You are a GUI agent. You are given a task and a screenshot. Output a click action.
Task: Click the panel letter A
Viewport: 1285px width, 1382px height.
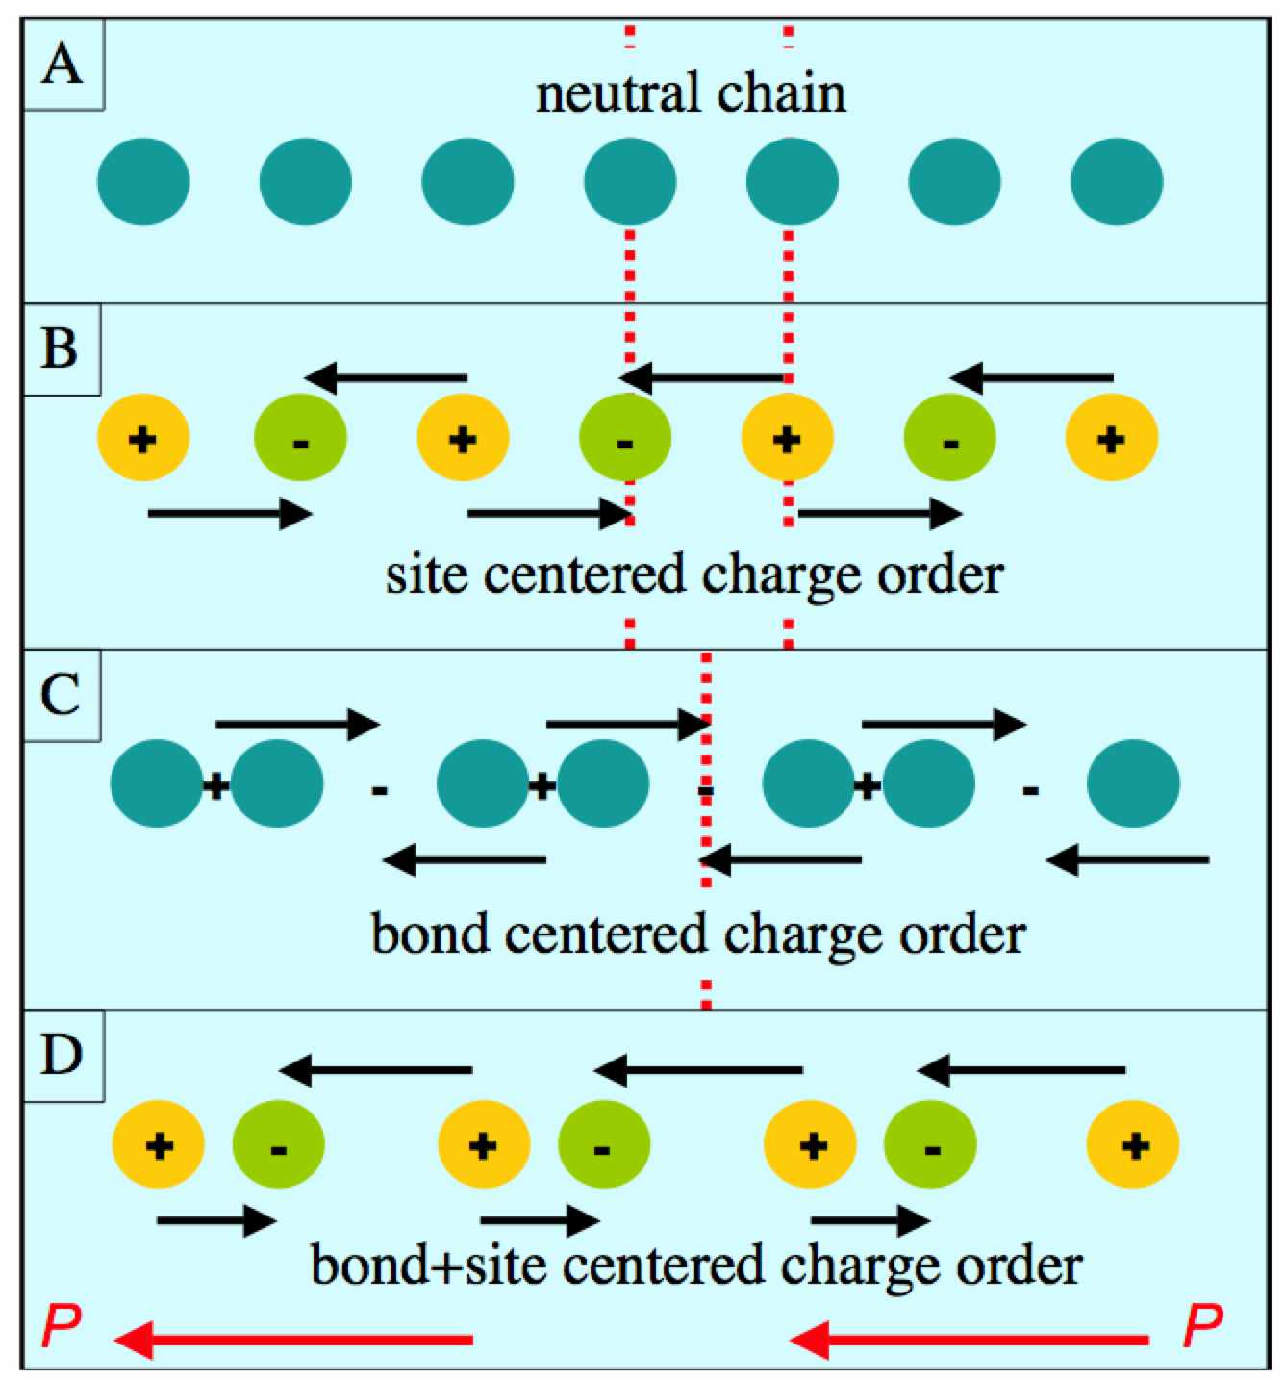(x=63, y=66)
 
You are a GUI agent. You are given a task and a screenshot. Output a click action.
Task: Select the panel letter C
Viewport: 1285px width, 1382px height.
(x=61, y=695)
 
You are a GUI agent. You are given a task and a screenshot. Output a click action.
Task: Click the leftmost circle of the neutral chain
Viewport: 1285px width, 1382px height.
(x=143, y=182)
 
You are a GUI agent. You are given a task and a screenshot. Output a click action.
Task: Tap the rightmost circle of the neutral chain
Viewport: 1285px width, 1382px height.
(x=1117, y=182)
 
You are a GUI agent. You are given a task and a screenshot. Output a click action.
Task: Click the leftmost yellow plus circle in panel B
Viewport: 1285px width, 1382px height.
(x=143, y=438)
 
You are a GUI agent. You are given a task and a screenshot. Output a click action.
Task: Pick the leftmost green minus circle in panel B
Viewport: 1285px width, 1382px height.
(x=300, y=438)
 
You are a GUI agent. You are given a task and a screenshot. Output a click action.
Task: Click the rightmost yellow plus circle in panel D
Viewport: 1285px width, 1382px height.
(x=1133, y=1144)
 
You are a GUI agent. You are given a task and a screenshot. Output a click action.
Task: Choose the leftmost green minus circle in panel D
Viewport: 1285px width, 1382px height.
(x=278, y=1144)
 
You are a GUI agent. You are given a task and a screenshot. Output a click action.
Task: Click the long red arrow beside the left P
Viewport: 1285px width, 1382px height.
(x=293, y=1341)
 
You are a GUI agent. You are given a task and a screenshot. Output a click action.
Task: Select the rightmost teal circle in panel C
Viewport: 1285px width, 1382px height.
(x=1133, y=782)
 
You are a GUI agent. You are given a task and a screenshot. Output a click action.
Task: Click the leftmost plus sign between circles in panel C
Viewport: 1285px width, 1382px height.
(x=215, y=786)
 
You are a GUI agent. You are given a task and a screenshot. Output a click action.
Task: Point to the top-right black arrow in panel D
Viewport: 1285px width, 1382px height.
(x=1020, y=1071)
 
